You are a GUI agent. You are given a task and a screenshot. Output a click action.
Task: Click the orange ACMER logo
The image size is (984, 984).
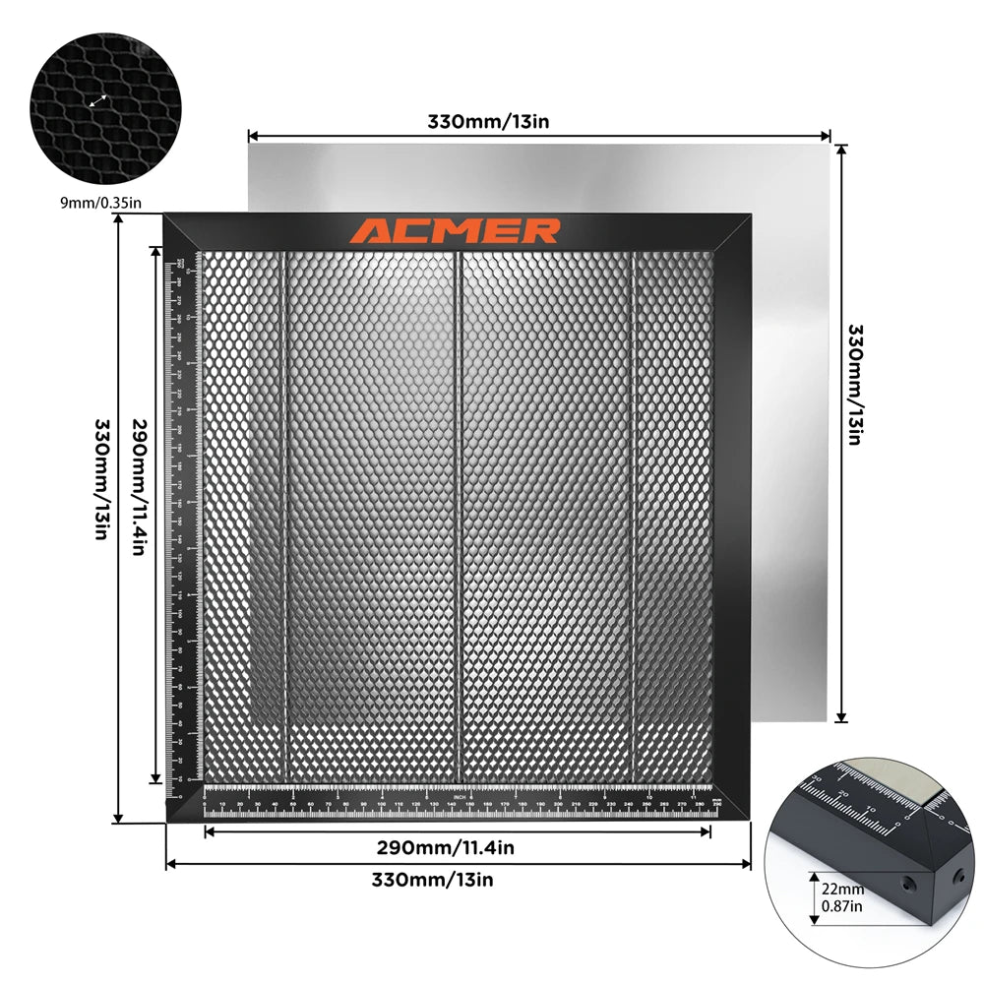tap(456, 231)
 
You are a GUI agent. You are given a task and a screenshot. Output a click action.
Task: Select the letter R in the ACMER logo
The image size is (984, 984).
tap(540, 231)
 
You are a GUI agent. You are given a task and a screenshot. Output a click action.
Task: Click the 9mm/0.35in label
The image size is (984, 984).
tap(101, 203)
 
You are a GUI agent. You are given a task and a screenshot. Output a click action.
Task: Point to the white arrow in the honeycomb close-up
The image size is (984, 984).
tap(97, 100)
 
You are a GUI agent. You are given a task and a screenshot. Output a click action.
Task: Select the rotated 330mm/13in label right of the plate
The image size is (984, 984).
tap(855, 384)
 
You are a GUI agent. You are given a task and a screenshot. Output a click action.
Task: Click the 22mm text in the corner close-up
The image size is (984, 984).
tap(835, 889)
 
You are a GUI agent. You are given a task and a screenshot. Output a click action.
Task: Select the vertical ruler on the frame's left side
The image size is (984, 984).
tap(182, 522)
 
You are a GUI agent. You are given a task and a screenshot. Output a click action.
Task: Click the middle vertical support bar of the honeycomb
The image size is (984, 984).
tap(458, 512)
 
